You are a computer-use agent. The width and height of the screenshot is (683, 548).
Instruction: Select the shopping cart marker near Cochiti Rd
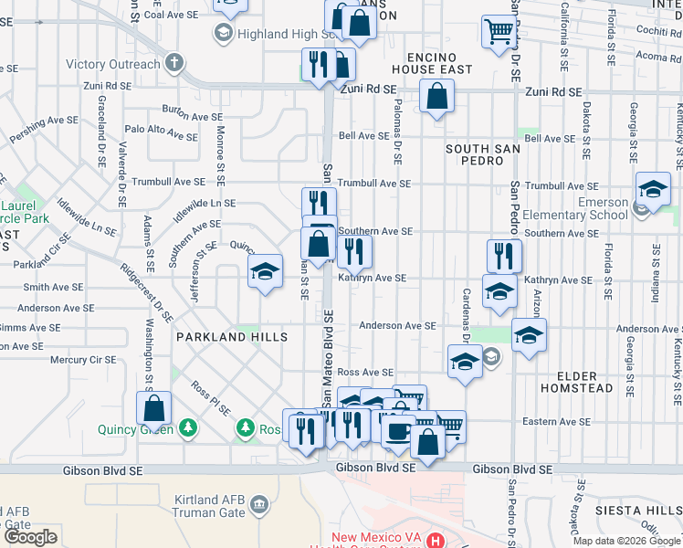tap(499, 32)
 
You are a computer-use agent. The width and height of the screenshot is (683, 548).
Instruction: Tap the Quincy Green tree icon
tap(188, 427)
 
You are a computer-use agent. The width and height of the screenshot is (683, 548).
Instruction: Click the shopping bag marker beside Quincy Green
tap(154, 410)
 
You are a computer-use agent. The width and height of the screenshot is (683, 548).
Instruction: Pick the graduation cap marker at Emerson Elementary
tap(653, 190)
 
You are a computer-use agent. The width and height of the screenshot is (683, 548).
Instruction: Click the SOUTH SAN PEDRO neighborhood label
tap(475, 154)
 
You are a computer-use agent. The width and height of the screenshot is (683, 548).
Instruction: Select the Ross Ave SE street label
tap(365, 373)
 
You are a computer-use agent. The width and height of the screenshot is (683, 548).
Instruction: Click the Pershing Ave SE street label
tap(45, 130)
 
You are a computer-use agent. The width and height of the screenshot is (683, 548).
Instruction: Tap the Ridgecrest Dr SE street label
tap(145, 294)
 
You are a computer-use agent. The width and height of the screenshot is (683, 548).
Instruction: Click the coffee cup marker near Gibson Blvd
tap(397, 431)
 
